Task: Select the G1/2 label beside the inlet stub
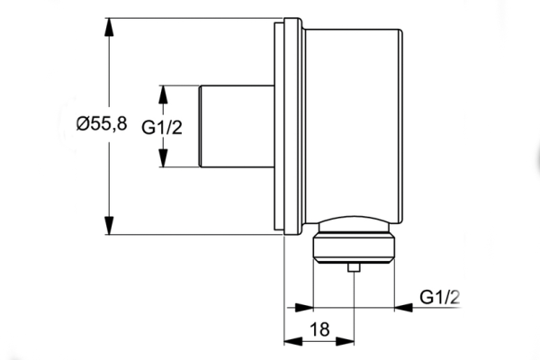pyautogui.click(x=162, y=127)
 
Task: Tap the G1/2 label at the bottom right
pyautogui.click(x=440, y=296)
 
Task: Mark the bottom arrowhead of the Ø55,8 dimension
pyautogui.click(x=110, y=226)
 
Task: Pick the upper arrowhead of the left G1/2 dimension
pyautogui.click(x=163, y=94)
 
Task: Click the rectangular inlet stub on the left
pyautogui.click(x=236, y=127)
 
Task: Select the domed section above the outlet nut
pyautogui.click(x=354, y=224)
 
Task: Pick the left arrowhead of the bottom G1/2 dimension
pyautogui.click(x=304, y=307)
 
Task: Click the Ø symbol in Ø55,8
pyautogui.click(x=82, y=126)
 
